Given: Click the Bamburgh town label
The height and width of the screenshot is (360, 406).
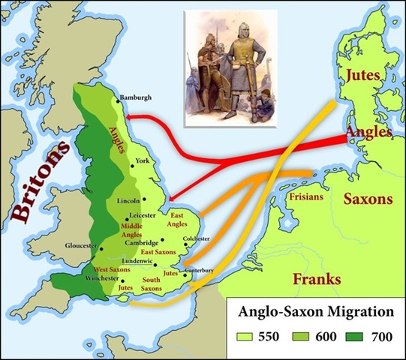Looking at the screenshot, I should tap(137, 97).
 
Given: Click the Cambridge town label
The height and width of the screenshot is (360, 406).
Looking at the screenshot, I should tap(142, 243).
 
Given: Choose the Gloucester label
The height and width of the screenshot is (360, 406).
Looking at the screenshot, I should tap(83, 246).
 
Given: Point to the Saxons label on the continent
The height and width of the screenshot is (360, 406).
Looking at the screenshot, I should tap(368, 200).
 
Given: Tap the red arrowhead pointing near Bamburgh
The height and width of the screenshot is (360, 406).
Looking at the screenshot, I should tap(128, 115).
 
